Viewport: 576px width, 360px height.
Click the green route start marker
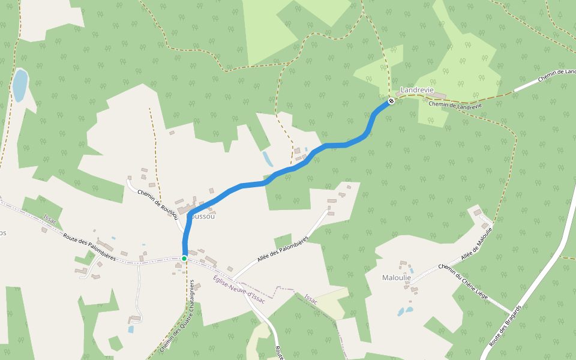(184, 258)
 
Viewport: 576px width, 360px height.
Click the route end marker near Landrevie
(391, 101)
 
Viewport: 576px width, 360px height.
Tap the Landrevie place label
(416, 89)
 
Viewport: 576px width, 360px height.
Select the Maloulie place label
(397, 278)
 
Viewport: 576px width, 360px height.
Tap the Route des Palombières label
(89, 246)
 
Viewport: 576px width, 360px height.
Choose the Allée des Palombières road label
(282, 249)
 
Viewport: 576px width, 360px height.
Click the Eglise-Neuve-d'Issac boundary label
(239, 289)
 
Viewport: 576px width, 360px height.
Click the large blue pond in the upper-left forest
(20, 85)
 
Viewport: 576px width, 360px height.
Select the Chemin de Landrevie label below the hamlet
(455, 105)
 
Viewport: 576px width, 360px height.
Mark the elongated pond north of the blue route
(267, 158)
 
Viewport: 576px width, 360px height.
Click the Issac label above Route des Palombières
(50, 220)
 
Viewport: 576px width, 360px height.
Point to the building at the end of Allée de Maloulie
(478, 212)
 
